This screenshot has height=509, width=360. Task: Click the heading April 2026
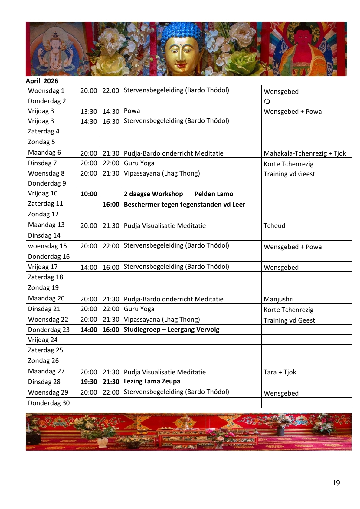point(42,81)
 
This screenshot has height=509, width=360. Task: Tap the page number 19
point(336,483)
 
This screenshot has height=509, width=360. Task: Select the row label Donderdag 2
point(47,101)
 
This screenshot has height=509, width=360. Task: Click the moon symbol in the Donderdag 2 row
point(267,101)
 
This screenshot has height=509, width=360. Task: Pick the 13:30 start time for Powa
point(89,111)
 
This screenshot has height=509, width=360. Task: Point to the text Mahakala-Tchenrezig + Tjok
point(305,153)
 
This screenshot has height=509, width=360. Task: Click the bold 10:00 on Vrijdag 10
point(89,194)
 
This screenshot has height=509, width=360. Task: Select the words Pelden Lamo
point(214,194)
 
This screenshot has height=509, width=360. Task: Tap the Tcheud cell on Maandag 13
point(274,225)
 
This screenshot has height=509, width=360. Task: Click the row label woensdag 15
point(47,246)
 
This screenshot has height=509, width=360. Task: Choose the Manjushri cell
point(279,299)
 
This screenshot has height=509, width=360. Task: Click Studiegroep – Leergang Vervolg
point(172,330)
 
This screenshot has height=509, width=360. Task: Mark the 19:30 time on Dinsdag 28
point(89,382)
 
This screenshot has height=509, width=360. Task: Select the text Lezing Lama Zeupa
point(152,381)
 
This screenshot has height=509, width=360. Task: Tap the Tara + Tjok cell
point(280,372)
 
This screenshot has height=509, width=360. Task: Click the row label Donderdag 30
point(49,403)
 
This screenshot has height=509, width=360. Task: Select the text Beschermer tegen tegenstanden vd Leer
point(184,205)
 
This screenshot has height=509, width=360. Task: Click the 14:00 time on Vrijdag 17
point(89,267)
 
